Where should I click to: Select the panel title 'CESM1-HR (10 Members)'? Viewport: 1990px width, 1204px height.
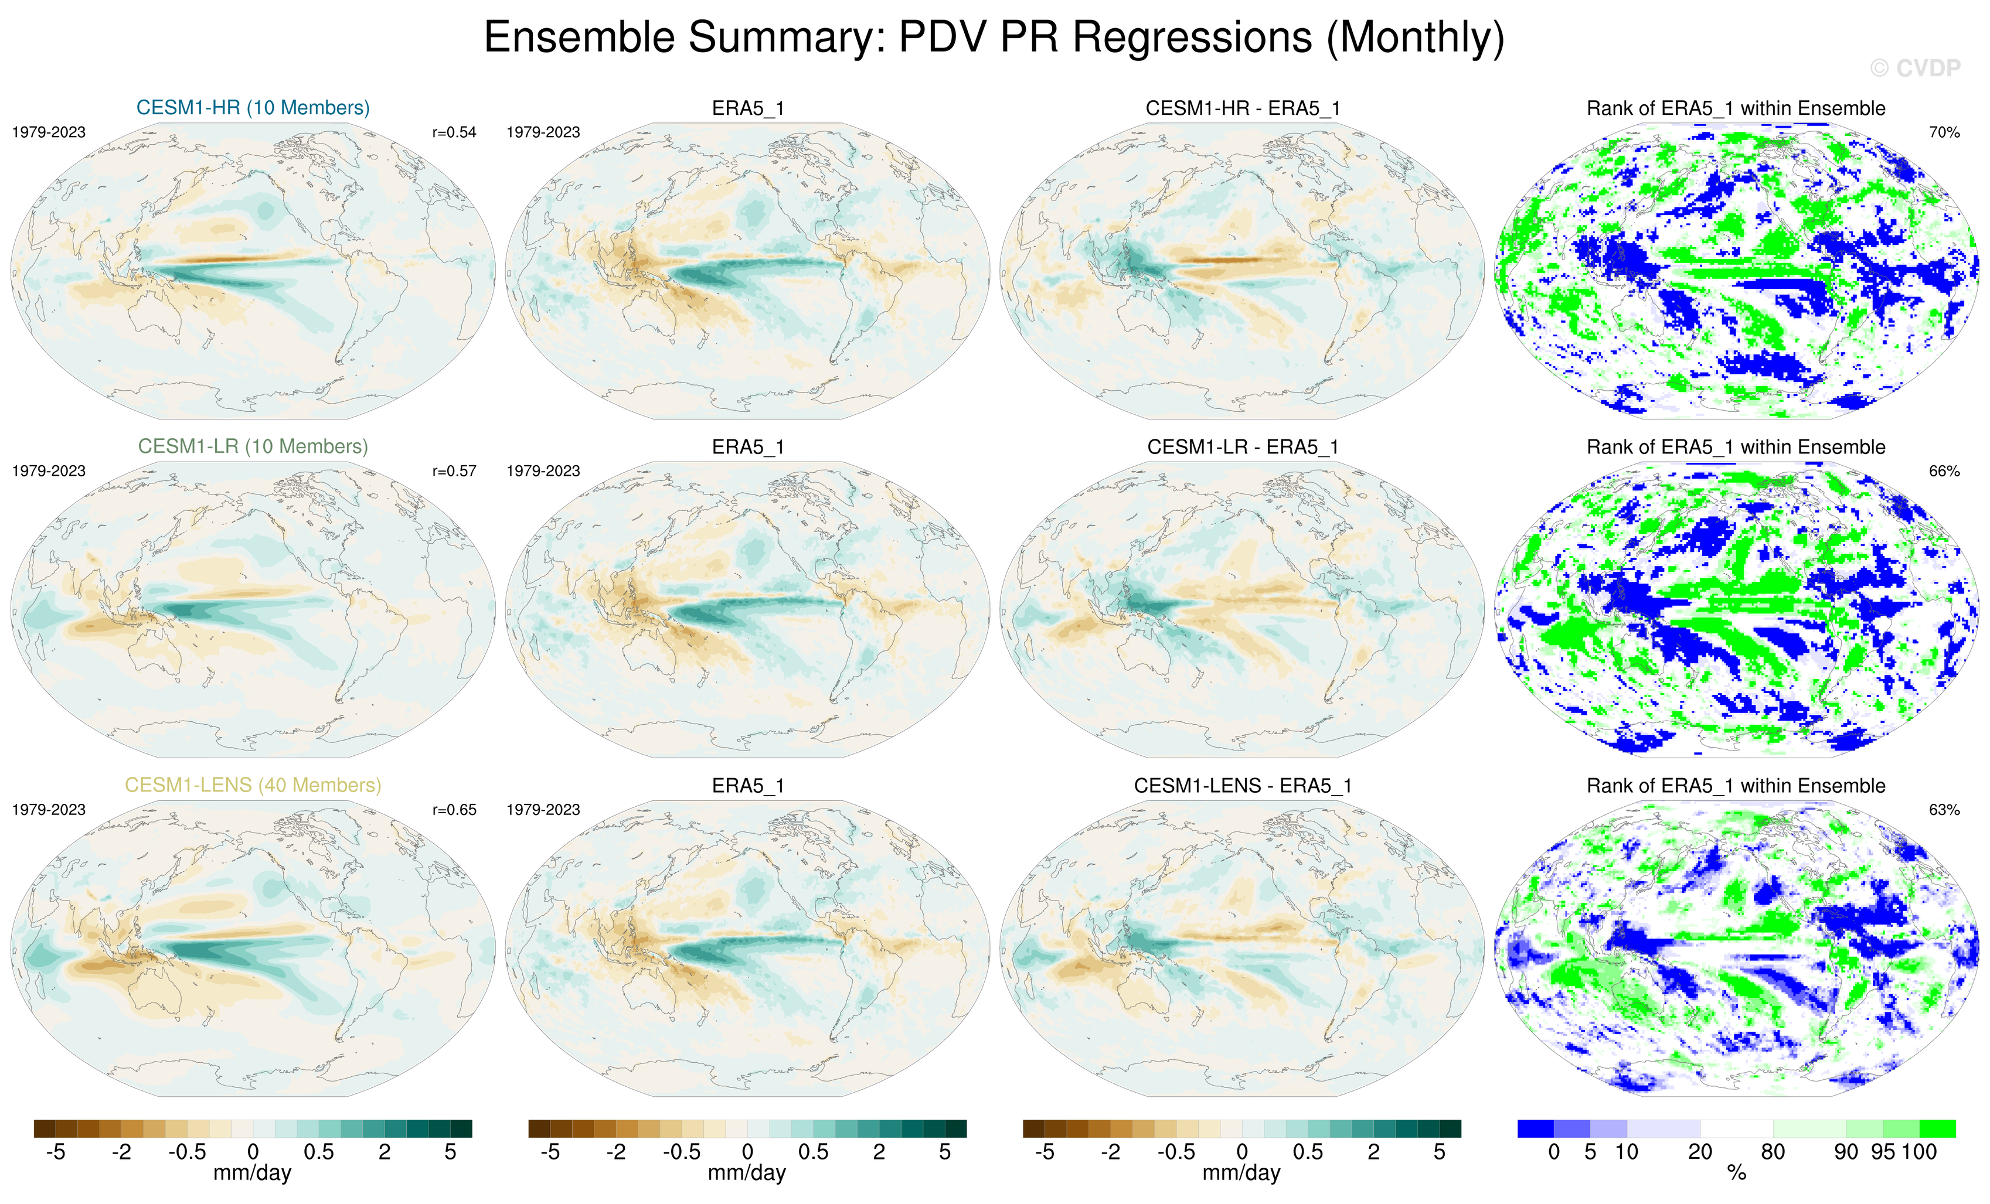[253, 107]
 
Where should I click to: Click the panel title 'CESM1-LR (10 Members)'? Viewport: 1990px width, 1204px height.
[253, 446]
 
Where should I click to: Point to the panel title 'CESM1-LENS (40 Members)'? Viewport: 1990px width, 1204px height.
[253, 785]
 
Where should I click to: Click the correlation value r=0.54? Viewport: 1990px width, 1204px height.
[454, 132]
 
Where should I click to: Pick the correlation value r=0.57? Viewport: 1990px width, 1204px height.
[454, 471]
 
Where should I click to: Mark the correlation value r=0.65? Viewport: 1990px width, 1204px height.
[454, 810]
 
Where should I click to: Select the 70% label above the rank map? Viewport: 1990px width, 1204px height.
[1944, 132]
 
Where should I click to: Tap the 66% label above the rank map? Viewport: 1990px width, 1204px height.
[1944, 471]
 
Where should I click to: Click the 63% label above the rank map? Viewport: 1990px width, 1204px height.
[1944, 810]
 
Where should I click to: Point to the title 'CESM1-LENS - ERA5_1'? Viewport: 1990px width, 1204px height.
[1242, 786]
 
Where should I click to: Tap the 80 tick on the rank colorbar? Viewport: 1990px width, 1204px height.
[1773, 1151]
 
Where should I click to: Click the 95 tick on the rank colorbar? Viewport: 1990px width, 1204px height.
[1883, 1151]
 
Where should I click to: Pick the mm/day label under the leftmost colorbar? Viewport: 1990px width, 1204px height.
[252, 1172]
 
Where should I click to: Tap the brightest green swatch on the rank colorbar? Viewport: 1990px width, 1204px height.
[1937, 1128]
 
